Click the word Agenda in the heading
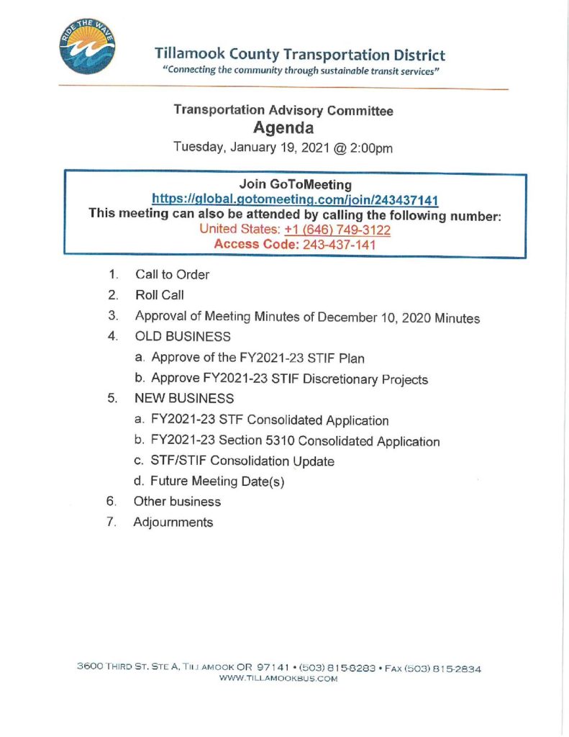pos(283,129)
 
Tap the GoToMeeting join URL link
pos(296,199)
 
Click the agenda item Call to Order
pos(172,274)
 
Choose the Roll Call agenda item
pos(159,294)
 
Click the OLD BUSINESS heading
pos(183,336)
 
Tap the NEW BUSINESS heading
pos(184,398)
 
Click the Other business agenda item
pos(177,502)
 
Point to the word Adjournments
pos(173,523)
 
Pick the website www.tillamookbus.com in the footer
pos(278,679)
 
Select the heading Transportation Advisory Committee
pos(283,110)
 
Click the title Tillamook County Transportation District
pos(300,55)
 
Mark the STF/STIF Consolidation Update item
pos(242,461)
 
